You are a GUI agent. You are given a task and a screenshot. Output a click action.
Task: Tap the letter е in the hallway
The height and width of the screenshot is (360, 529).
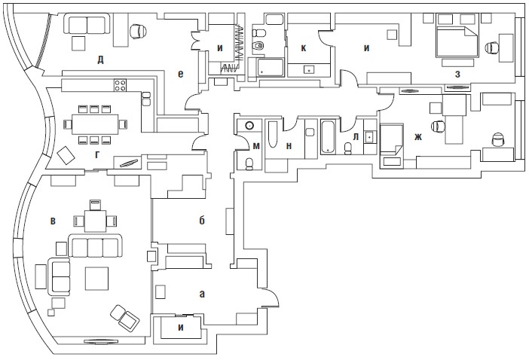181,73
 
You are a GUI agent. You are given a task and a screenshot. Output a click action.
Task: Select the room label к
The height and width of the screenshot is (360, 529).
303,47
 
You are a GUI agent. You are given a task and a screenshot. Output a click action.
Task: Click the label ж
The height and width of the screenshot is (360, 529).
417,137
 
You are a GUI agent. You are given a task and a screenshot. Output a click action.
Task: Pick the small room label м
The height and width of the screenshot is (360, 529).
256,145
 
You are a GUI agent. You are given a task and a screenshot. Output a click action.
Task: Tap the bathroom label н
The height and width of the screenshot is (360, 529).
289,146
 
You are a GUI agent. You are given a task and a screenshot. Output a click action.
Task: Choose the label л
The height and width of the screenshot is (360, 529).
355,136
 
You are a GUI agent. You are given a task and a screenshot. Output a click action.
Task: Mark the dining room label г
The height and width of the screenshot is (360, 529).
96,154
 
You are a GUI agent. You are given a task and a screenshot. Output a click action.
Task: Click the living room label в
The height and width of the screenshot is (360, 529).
53,221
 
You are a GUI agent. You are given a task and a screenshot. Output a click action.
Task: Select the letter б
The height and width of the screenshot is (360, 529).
202,221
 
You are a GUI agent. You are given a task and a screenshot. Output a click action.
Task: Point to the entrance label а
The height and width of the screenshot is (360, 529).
201,294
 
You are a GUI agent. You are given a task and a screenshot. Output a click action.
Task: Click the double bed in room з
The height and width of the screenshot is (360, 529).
456,42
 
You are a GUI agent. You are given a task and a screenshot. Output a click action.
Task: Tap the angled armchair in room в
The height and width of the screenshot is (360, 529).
124,316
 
